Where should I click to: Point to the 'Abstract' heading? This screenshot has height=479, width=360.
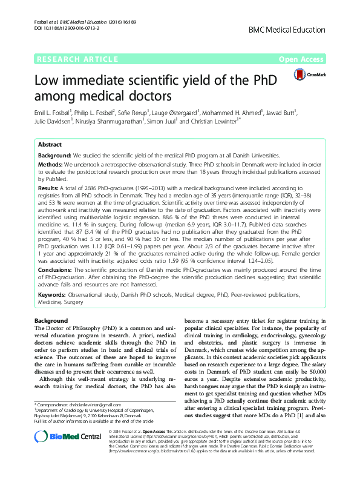click(x=50, y=145)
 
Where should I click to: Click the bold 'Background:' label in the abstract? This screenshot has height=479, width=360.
click(x=55, y=156)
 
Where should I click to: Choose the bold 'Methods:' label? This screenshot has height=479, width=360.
click(x=51, y=164)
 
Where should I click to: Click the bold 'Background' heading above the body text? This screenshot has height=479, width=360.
click(x=51, y=320)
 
